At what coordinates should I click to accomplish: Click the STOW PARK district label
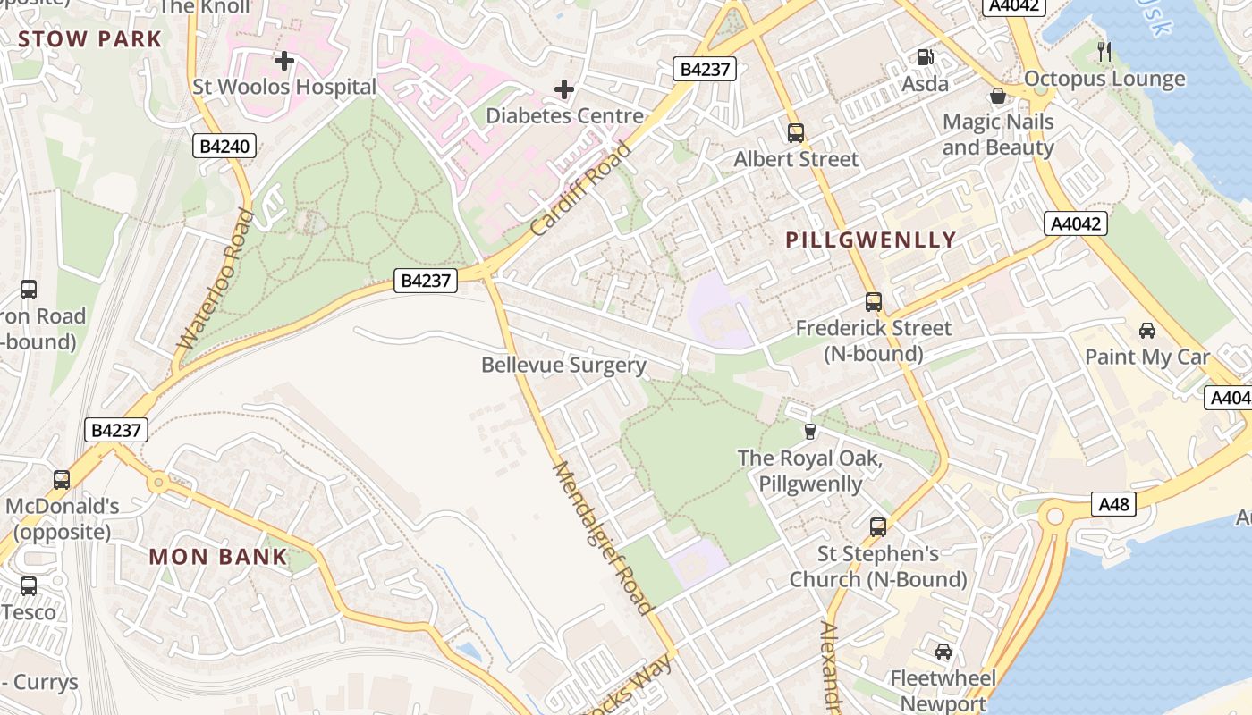[x=89, y=39]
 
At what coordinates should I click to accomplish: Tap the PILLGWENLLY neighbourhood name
[x=871, y=240]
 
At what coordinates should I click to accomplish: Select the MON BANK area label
[x=218, y=557]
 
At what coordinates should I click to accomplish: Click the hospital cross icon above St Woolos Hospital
[x=284, y=61]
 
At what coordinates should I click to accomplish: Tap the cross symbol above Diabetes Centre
[x=564, y=89]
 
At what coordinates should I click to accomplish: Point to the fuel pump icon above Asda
[x=925, y=57]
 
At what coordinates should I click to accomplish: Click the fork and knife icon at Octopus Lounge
[x=1104, y=52]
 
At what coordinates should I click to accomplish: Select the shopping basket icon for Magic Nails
[x=998, y=96]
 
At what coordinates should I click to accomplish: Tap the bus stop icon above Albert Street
[x=796, y=133]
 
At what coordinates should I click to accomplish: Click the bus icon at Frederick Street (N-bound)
[x=874, y=302]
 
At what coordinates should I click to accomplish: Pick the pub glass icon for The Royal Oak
[x=810, y=432]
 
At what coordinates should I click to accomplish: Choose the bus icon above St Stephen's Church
[x=878, y=527]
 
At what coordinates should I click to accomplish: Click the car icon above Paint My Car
[x=1147, y=331]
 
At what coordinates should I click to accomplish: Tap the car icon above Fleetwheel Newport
[x=943, y=652]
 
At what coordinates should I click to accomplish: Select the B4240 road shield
[x=224, y=146]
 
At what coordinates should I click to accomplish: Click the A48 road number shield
[x=1113, y=505]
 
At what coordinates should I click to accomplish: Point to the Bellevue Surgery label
[x=563, y=365]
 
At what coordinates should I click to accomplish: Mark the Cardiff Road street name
[x=580, y=189]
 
